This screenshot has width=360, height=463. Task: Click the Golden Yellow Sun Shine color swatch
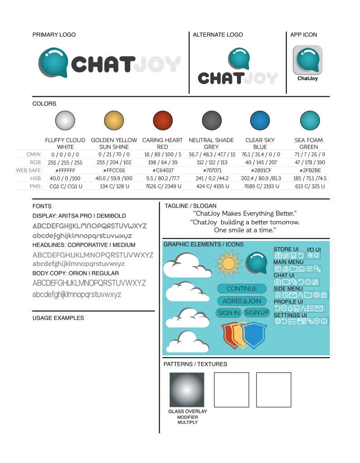pos(114,121)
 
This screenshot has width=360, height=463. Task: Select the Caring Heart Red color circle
pos(162,121)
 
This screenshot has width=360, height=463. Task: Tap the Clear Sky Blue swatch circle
pos(260,121)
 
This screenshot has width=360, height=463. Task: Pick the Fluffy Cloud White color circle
pos(65,121)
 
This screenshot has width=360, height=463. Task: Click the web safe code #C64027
pos(163,170)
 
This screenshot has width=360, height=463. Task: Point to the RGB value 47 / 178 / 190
pos(309,162)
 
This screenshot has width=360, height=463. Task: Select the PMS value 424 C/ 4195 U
pos(211,186)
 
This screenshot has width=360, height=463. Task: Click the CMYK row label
pos(34,155)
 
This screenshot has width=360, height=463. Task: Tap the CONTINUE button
pos(242,289)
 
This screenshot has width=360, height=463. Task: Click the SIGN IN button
pos(229,313)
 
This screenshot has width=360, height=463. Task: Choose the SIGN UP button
pos(256,312)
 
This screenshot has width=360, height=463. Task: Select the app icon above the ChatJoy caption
pos(307,60)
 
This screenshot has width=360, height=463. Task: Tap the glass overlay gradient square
pos(186,389)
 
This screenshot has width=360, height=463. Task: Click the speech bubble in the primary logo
pos(53,62)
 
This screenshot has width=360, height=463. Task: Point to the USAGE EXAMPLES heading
pos(58,318)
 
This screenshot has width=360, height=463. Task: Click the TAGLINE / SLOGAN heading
pos(190,206)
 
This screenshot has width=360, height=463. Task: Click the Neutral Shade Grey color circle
pos(211,121)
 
